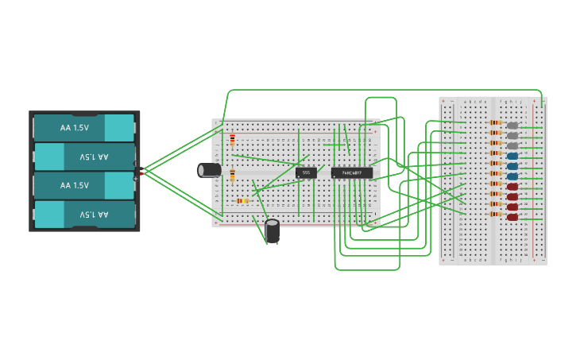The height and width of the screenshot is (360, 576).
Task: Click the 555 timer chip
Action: pos(306,172)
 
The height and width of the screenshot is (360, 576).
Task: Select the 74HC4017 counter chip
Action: pos(351,172)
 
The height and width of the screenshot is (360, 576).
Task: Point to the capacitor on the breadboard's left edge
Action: pos(210,170)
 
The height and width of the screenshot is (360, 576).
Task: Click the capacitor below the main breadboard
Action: pos(273,231)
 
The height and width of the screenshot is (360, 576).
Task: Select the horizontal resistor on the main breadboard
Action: pos(243,201)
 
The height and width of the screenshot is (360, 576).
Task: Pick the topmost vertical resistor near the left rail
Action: pos(232,141)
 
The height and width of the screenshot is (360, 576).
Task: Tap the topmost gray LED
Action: pos(512,126)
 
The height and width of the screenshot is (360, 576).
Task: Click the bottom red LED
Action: pos(512,217)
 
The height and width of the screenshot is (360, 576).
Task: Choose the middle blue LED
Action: pos(512,166)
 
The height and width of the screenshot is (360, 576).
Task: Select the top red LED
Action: pos(512,187)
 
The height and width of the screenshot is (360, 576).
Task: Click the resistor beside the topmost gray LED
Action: pos(496,123)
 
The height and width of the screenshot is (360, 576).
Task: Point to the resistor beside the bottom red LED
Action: pos(496,215)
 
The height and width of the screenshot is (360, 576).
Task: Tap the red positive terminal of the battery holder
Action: pos(142,172)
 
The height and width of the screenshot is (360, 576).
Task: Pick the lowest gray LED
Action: pos(512,145)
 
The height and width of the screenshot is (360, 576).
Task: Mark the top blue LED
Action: pos(512,156)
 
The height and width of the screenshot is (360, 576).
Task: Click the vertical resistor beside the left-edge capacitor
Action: pos(232,176)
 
